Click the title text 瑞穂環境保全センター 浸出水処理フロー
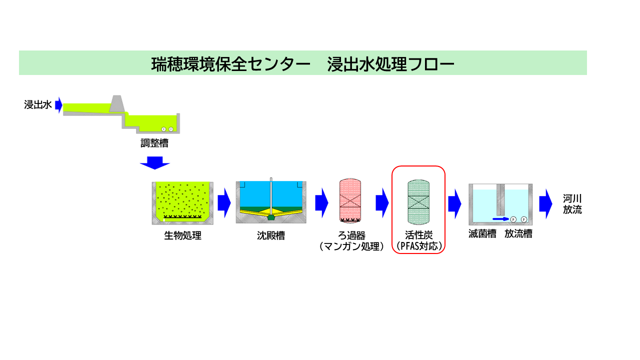tap(302, 63)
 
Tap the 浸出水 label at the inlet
tap(38, 105)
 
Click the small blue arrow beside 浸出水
tap(58, 105)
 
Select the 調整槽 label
tap(154, 143)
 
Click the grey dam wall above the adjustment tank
tap(116, 103)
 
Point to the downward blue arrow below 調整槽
tap(155, 163)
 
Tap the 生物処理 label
tap(182, 235)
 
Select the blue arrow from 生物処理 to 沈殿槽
tap(224, 203)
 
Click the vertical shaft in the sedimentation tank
tap(270, 195)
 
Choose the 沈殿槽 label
tap(270, 235)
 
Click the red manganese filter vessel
tap(350, 200)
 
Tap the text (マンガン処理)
tap(350, 246)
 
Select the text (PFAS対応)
tap(418, 246)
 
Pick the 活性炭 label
tap(418, 235)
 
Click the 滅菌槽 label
tap(482, 233)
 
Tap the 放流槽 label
tap(518, 233)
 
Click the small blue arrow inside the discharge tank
tap(500, 219)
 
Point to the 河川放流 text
tap(572, 204)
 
